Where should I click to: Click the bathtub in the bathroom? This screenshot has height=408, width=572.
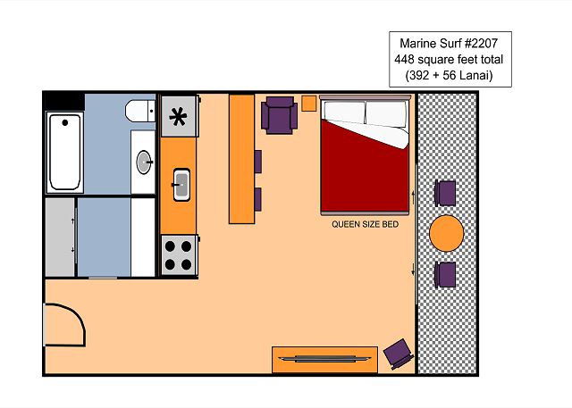point(64,153)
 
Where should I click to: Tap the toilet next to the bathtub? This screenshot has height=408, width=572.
point(140,111)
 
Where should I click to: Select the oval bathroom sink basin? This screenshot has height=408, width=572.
point(144,162)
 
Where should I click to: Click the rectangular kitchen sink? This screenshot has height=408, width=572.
point(181,184)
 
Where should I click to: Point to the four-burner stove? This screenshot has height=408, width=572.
point(179,255)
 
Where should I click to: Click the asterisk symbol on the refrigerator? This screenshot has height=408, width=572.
point(178,117)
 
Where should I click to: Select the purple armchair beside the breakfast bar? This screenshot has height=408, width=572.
point(279,115)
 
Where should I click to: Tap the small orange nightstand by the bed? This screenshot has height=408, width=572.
point(308,104)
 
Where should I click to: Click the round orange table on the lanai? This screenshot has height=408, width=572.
point(447,233)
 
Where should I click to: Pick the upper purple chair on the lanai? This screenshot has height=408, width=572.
point(445,193)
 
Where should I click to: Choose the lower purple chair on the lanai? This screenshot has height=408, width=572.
point(445,275)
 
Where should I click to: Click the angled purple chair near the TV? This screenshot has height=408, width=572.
point(399,354)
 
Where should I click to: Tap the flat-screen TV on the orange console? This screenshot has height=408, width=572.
point(324,359)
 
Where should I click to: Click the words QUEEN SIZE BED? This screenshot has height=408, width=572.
point(365,224)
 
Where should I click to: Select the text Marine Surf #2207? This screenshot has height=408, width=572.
point(449,44)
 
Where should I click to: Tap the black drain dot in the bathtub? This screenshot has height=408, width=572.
point(65,123)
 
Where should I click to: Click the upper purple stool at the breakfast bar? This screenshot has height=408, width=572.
point(258,162)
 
